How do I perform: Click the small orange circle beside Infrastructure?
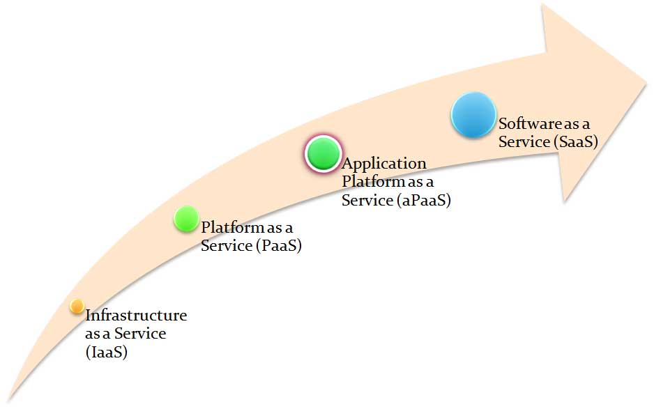[x=77, y=307]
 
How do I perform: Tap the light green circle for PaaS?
[x=187, y=219]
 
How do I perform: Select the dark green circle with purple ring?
[x=323, y=154]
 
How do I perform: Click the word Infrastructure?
[x=136, y=316]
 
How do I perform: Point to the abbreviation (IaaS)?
[x=107, y=353]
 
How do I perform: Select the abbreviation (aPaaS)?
[x=424, y=201]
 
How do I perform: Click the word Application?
[x=383, y=164]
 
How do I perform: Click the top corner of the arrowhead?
[x=541, y=6]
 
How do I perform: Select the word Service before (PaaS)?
[x=224, y=246]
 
